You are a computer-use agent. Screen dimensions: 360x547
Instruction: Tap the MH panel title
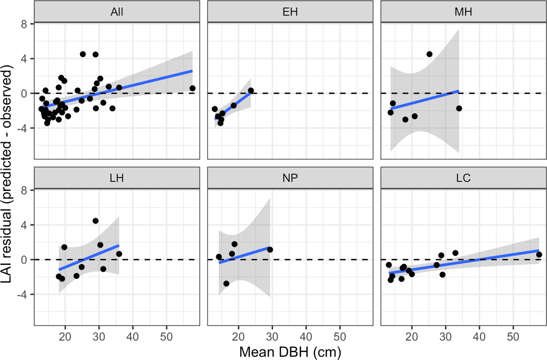pyautogui.click(x=463, y=12)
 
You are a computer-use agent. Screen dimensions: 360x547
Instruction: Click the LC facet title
pyautogui.click(x=463, y=178)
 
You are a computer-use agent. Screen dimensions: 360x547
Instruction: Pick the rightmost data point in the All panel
pyautogui.click(x=192, y=89)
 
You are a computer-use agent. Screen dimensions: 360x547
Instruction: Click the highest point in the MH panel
pyautogui.click(x=429, y=54)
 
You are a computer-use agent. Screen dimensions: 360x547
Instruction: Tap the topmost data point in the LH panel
pyautogui.click(x=95, y=221)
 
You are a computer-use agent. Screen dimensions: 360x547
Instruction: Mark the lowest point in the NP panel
pyautogui.click(x=226, y=284)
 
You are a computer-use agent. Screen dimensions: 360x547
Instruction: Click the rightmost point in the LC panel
pyautogui.click(x=539, y=255)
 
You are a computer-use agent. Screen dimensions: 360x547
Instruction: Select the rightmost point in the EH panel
pyautogui.click(x=251, y=91)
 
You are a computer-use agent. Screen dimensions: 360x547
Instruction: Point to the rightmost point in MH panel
pyautogui.click(x=459, y=108)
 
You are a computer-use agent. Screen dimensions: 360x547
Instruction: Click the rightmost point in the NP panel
pyautogui.click(x=270, y=250)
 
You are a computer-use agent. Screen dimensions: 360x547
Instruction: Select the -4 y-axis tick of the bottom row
pyautogui.click(x=23, y=295)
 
